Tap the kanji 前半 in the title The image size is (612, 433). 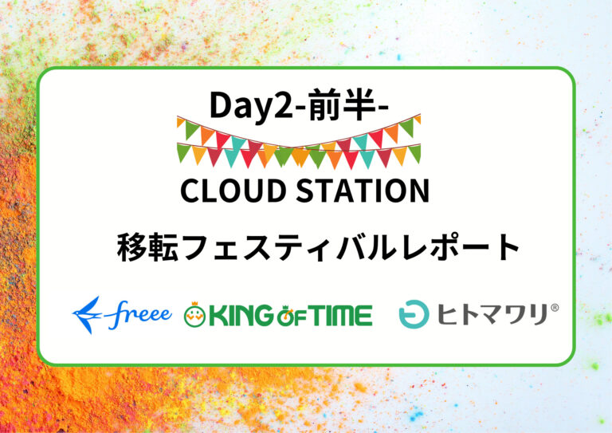pos(340,104)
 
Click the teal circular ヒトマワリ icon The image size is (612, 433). pos(414,314)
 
